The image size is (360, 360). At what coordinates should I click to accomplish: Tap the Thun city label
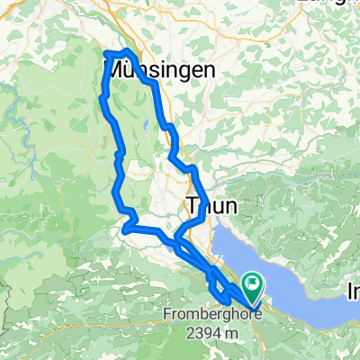coord(212,206)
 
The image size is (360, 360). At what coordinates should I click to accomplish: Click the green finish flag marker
coord(253,286)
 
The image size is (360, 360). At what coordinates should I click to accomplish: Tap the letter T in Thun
coord(192,206)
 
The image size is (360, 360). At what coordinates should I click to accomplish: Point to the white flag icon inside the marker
coord(253,283)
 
